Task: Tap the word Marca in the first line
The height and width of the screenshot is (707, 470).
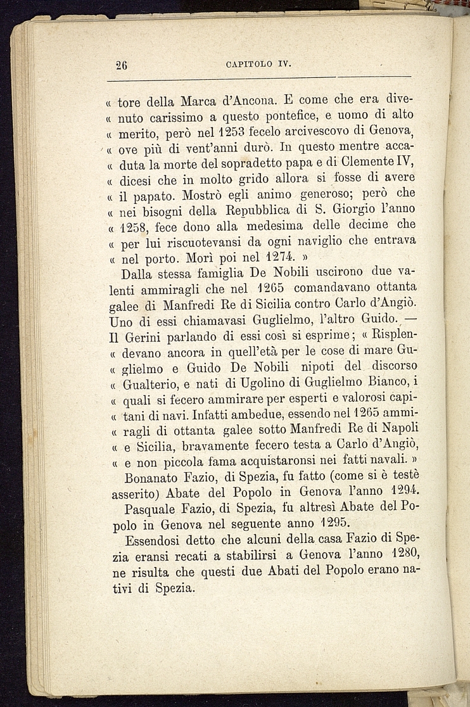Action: (201, 101)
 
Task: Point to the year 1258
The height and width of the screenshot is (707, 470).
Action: (135, 227)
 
